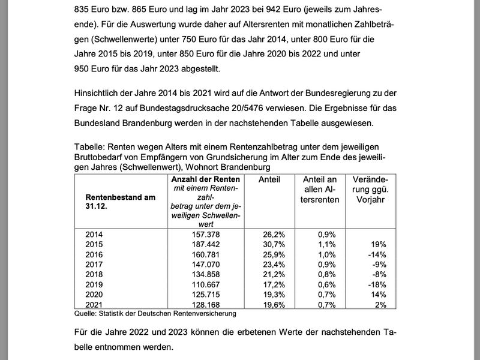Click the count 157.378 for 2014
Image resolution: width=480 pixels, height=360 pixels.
point(206,234)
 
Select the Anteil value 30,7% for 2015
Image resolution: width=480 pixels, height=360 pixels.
point(272,245)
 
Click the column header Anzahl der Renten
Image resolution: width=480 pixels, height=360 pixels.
point(206,179)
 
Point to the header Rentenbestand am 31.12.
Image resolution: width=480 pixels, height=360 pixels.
point(121,202)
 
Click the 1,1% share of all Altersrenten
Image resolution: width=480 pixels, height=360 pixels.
point(326,245)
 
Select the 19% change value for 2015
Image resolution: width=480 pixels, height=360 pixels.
point(379,245)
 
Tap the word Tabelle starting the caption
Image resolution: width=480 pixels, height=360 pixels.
point(89,146)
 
